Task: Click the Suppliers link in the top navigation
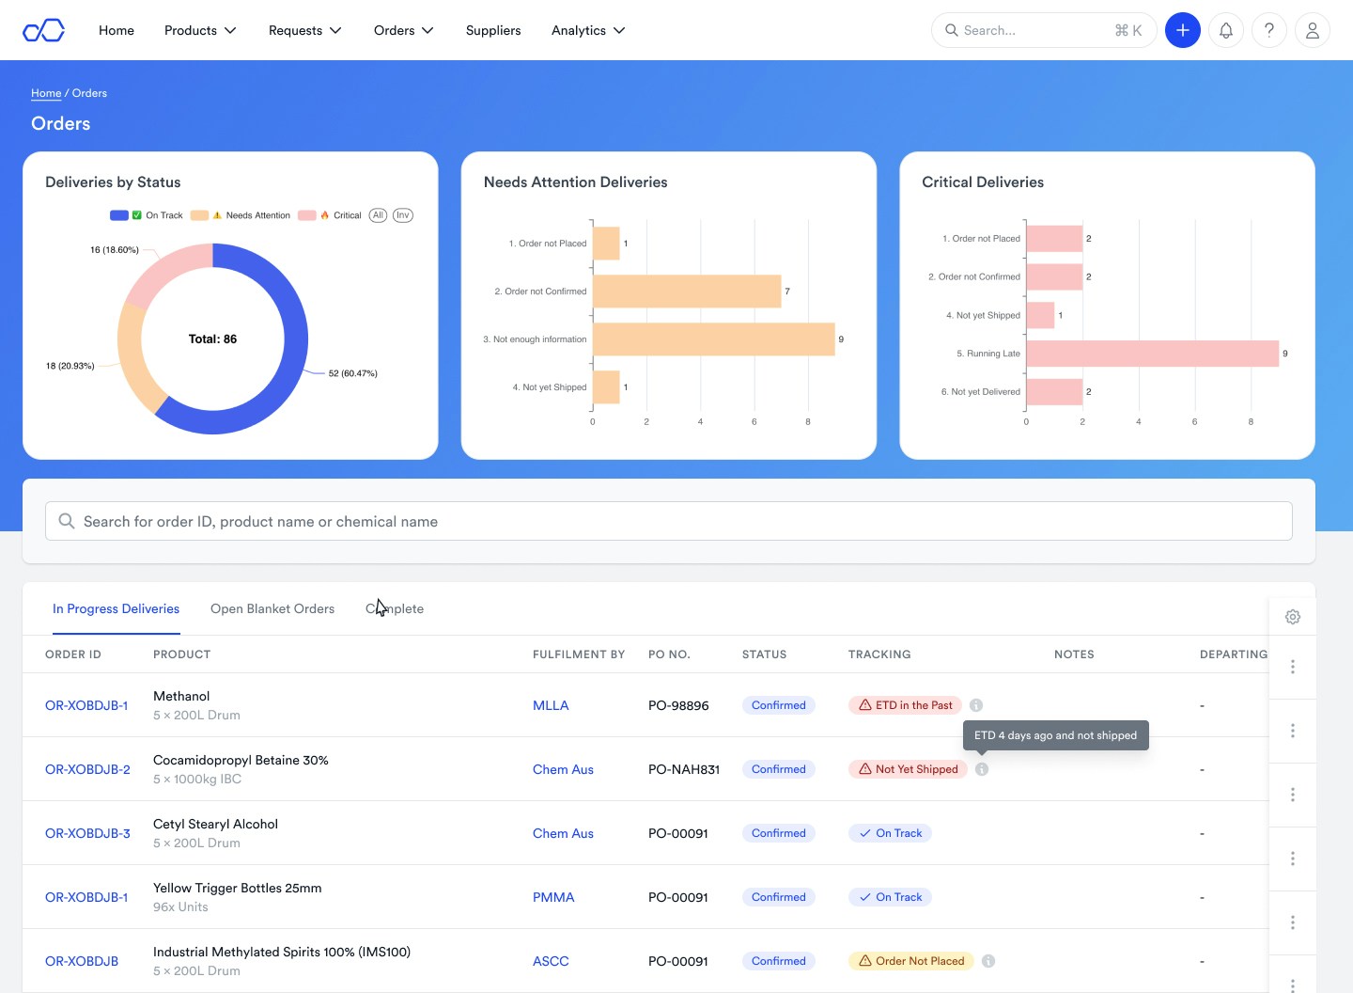pyautogui.click(x=492, y=30)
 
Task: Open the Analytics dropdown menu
pyautogui.click(x=588, y=30)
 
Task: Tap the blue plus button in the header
pyautogui.click(x=1182, y=30)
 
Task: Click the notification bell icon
pyautogui.click(x=1225, y=30)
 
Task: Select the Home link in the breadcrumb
pyautogui.click(x=46, y=93)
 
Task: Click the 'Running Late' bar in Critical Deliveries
pyautogui.click(x=1152, y=354)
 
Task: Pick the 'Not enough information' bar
pyautogui.click(x=713, y=339)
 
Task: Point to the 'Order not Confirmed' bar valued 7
pyautogui.click(x=686, y=292)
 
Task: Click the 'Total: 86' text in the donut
pyautogui.click(x=212, y=339)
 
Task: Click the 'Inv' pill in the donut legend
pyautogui.click(x=402, y=215)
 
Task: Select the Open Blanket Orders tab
pyautogui.click(x=272, y=608)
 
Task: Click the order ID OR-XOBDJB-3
pyautogui.click(x=87, y=833)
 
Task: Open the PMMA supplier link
pyautogui.click(x=553, y=897)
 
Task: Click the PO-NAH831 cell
pyautogui.click(x=684, y=769)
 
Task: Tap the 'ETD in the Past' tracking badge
pyautogui.click(x=906, y=705)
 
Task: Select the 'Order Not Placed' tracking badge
pyautogui.click(x=910, y=961)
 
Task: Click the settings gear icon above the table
pyautogui.click(x=1293, y=617)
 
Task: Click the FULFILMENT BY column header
pyautogui.click(x=579, y=654)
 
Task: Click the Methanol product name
pyautogui.click(x=181, y=696)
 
